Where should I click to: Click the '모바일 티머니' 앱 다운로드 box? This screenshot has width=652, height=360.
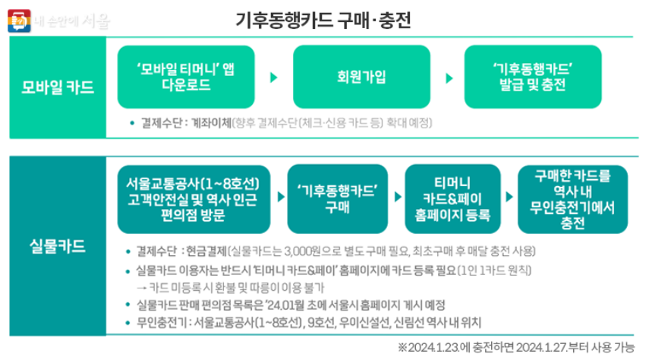(x=180, y=77)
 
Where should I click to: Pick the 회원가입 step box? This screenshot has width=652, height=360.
(x=357, y=77)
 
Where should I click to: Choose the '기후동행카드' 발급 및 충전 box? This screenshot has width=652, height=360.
(x=533, y=77)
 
